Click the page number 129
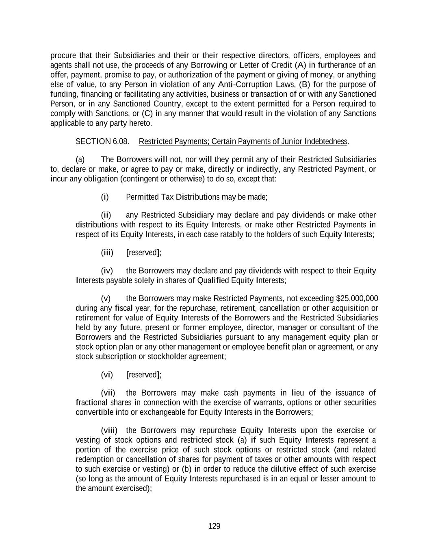coord(214,526)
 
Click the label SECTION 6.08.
coord(102,141)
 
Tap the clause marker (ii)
coord(106,215)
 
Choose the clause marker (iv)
coord(106,271)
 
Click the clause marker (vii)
coord(108,393)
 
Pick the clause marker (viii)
coord(109,431)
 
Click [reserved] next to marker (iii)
coord(144,252)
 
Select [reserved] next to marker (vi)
coord(144,374)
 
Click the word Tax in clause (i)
coord(167,197)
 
